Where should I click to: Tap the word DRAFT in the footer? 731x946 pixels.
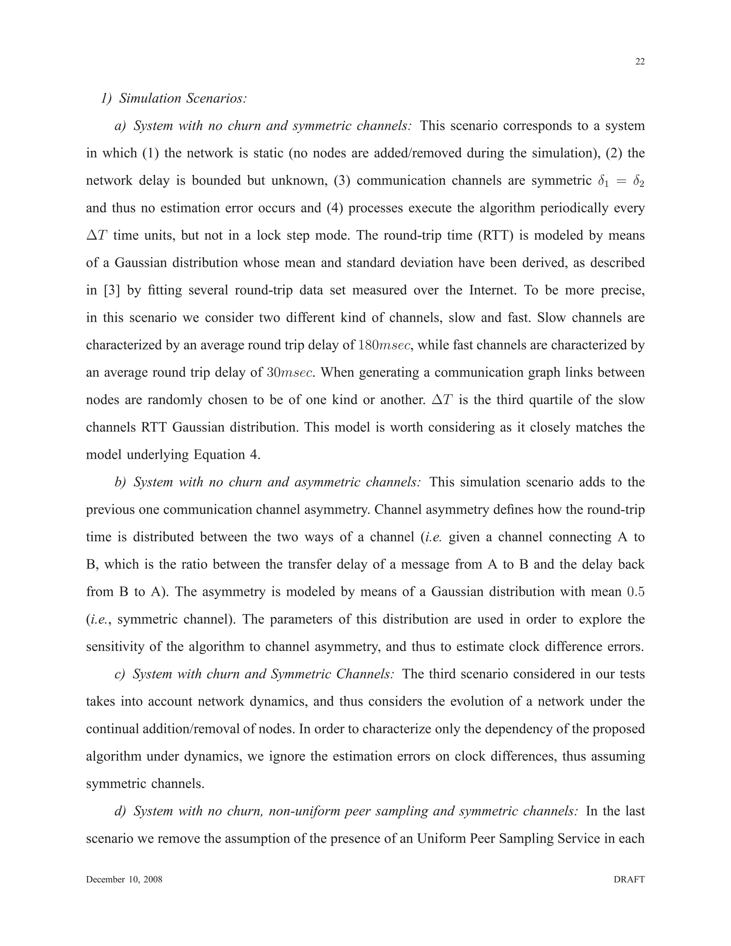coord(629,879)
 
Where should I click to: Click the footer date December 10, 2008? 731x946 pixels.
coord(124,879)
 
